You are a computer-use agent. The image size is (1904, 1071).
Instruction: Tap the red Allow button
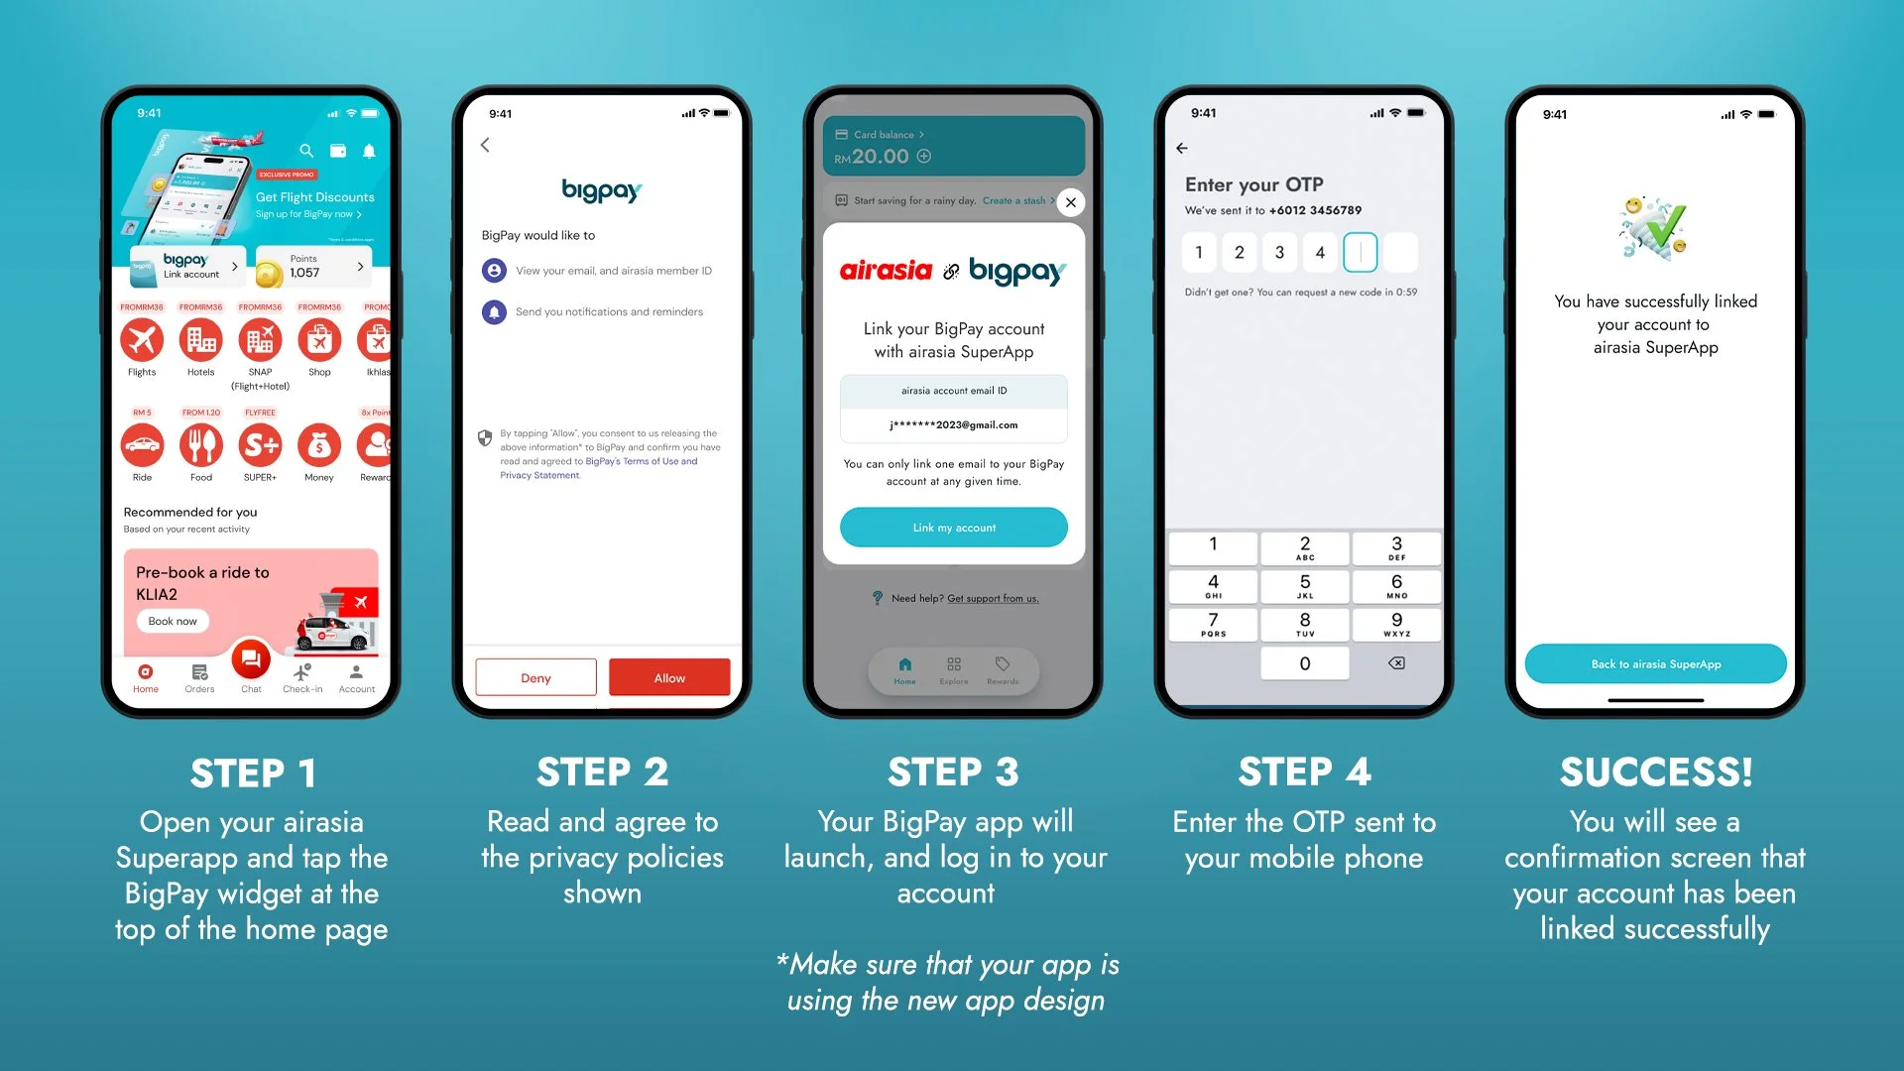(669, 678)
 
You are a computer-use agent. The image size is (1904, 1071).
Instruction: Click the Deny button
(535, 678)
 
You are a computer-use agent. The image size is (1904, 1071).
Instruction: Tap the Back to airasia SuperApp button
(1655, 664)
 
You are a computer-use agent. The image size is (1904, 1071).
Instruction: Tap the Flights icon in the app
(142, 341)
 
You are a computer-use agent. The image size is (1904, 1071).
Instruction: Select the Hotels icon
(200, 341)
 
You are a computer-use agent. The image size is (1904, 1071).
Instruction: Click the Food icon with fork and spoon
(200, 446)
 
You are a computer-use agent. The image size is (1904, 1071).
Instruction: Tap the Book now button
(173, 622)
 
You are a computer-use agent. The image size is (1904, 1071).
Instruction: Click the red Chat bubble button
(251, 659)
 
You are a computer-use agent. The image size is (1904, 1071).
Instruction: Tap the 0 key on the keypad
(1304, 663)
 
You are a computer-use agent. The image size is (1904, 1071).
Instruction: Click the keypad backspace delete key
(1396, 663)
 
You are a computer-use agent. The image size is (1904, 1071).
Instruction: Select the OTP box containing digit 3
(1279, 253)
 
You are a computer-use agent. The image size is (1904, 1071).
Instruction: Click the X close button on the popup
(1070, 202)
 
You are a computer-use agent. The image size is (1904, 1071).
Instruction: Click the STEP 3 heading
(953, 773)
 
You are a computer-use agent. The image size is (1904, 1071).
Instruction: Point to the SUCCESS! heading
(1655, 773)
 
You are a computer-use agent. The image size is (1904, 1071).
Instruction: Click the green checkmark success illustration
(1654, 228)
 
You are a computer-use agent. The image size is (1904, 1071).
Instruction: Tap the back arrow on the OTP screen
(1182, 149)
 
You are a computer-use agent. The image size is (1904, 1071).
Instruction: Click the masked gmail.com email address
(953, 425)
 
